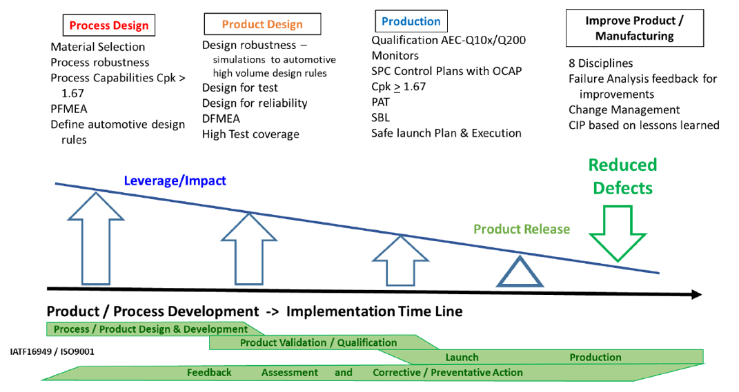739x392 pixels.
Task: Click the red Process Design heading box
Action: tap(109, 25)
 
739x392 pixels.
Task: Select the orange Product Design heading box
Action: tap(262, 24)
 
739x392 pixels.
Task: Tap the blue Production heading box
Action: tap(411, 21)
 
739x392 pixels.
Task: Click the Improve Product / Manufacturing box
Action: tap(634, 28)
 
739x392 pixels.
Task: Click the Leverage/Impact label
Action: tap(175, 181)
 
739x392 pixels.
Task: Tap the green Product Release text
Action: tap(522, 229)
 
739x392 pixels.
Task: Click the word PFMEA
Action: tap(69, 109)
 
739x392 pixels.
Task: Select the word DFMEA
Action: tap(220, 118)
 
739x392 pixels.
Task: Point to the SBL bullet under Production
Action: tap(381, 117)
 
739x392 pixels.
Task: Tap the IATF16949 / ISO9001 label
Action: tap(52, 351)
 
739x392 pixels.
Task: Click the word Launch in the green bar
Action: tap(462, 357)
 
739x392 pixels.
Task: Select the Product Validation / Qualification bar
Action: tap(318, 342)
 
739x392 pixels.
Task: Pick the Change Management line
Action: tap(624, 110)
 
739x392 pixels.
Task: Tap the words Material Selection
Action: tap(98, 47)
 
